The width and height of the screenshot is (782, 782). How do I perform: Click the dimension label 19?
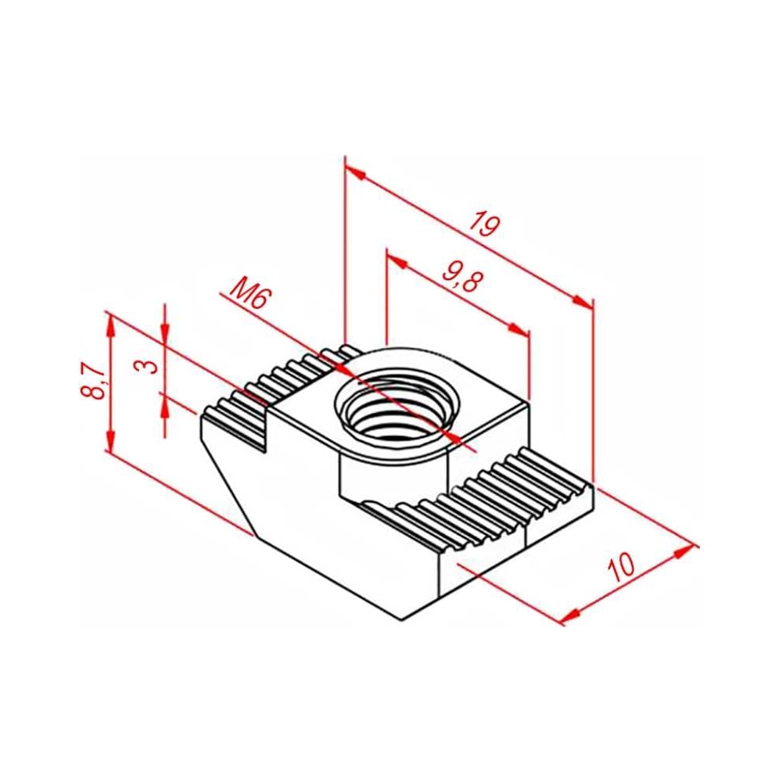click(484, 224)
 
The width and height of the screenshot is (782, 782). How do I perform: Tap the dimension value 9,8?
click(462, 276)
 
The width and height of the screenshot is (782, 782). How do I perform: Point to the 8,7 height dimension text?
click(93, 381)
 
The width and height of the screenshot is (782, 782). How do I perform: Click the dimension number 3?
click(147, 367)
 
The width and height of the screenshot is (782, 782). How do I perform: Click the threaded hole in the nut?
click(393, 408)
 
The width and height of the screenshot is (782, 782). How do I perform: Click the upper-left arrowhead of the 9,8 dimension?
click(397, 261)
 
